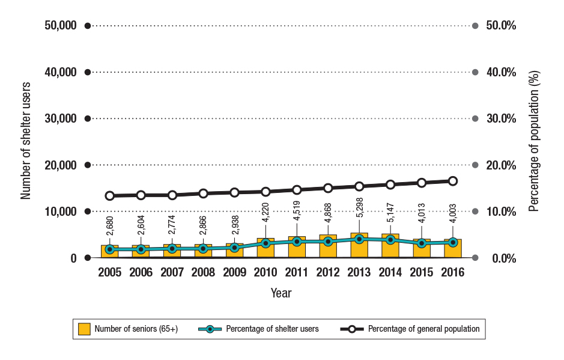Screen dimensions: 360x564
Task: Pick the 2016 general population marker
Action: (x=453, y=181)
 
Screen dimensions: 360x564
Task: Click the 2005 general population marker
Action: (x=110, y=196)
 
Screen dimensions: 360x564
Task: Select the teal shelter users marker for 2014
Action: (x=390, y=240)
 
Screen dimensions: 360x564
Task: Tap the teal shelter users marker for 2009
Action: (x=235, y=248)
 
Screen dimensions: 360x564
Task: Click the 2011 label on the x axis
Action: (x=297, y=272)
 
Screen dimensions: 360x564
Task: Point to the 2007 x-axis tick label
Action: (x=172, y=272)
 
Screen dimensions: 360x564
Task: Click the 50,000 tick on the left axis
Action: (x=60, y=26)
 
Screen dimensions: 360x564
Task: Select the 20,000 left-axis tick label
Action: (x=60, y=165)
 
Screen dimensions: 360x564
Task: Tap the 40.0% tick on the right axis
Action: (x=500, y=72)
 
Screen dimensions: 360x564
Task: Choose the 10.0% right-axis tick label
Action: (x=500, y=212)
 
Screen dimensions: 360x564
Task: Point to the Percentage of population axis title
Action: (x=535, y=142)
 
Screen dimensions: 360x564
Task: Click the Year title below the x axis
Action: (x=281, y=293)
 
